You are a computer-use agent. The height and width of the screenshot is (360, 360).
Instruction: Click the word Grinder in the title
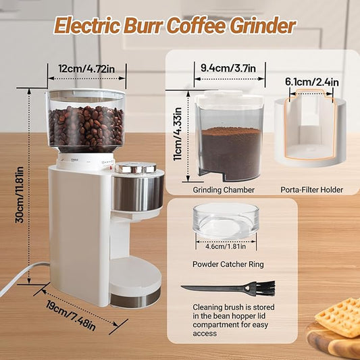point(263,26)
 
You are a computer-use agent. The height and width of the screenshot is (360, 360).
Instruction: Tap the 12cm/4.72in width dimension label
point(86,69)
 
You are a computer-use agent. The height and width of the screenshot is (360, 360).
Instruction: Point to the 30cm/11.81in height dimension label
point(20,195)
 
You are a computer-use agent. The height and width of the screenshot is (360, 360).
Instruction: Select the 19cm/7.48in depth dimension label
point(71,315)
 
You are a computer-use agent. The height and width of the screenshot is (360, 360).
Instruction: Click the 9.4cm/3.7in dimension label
point(228,68)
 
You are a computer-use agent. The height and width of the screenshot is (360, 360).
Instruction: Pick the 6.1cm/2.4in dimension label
point(312,82)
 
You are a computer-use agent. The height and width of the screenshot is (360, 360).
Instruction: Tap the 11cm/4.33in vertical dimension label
point(178,134)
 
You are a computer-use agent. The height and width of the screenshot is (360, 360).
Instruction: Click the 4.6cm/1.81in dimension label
point(226,247)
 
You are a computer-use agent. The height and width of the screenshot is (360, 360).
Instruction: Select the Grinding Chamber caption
point(224,190)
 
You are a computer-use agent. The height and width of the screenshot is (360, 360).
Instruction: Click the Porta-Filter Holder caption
point(312,190)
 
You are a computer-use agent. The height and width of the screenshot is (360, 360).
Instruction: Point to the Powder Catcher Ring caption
point(228,264)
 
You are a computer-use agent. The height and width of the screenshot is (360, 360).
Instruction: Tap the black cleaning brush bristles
point(265,288)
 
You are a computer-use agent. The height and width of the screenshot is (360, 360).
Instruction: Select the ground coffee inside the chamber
point(231,151)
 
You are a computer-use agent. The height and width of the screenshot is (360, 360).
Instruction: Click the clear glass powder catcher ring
point(226,220)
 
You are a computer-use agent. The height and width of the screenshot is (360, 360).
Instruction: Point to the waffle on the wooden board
point(338,317)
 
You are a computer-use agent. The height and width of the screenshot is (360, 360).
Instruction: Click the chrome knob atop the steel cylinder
point(136,168)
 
